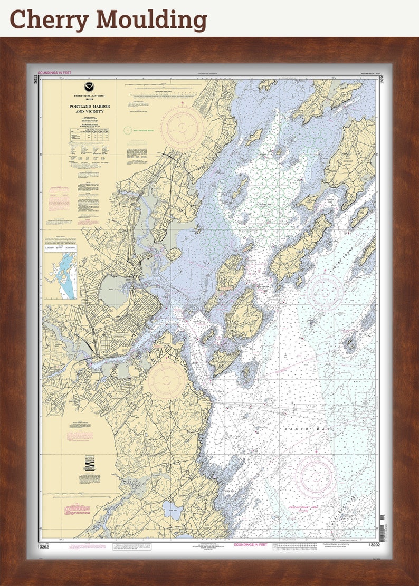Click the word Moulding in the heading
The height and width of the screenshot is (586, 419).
click(x=150, y=20)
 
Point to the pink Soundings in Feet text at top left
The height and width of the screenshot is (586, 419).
click(x=56, y=72)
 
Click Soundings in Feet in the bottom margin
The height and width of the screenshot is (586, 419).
click(x=250, y=544)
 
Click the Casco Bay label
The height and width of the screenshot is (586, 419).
click(x=309, y=430)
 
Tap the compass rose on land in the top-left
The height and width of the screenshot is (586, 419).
click(x=182, y=127)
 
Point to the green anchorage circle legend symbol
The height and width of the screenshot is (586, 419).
click(x=127, y=129)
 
